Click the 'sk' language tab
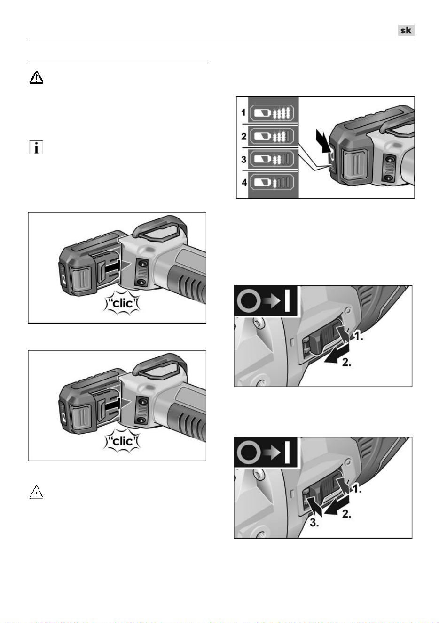click(406, 30)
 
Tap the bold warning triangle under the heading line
click(36, 77)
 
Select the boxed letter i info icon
click(36, 147)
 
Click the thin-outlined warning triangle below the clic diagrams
click(36, 492)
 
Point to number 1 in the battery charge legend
click(243, 113)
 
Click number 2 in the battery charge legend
click(244, 136)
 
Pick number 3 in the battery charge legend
click(244, 159)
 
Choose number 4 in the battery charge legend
click(244, 182)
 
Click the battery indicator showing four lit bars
click(272, 113)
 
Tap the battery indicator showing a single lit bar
click(272, 183)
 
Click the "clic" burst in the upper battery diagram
click(122, 303)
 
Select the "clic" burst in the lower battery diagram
click(122, 441)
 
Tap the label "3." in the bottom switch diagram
click(314, 523)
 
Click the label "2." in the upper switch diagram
click(346, 362)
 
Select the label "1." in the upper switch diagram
click(358, 337)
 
